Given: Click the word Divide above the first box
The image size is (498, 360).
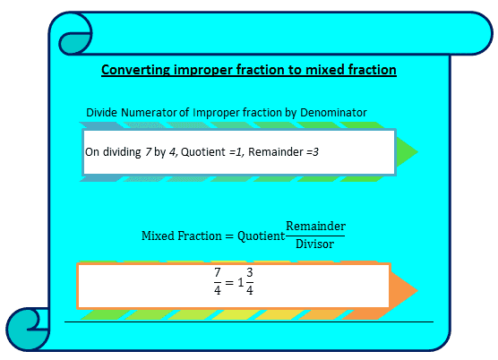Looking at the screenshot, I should [102, 112].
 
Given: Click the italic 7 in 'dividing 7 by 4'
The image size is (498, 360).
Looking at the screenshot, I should [149, 153].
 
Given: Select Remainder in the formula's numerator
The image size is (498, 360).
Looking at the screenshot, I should [315, 227].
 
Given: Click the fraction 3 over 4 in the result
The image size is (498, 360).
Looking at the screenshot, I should [249, 281].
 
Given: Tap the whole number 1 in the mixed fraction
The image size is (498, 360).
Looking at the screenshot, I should [239, 282].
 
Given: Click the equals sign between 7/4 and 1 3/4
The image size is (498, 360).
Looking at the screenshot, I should [228, 282].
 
